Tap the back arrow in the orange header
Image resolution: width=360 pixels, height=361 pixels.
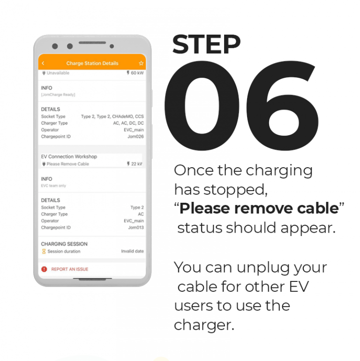click(43, 63)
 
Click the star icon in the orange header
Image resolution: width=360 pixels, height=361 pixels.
click(141, 63)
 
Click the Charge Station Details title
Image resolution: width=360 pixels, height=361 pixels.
click(92, 63)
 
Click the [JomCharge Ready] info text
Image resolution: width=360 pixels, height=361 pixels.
click(58, 95)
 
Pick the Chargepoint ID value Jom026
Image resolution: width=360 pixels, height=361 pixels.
click(135, 137)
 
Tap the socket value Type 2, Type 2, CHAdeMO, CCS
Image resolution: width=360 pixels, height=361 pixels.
click(112, 117)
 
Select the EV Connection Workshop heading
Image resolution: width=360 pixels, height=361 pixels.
click(69, 156)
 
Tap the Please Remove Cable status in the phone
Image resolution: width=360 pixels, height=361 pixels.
click(67, 164)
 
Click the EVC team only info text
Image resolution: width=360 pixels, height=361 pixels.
click(53, 186)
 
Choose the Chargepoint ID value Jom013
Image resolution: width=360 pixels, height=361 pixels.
click(135, 228)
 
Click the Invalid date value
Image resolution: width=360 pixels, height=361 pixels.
click(132, 251)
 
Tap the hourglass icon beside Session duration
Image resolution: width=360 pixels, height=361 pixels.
click(44, 251)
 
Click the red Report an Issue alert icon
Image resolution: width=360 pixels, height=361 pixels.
click(44, 269)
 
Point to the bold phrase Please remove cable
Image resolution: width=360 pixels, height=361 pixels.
click(259, 209)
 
